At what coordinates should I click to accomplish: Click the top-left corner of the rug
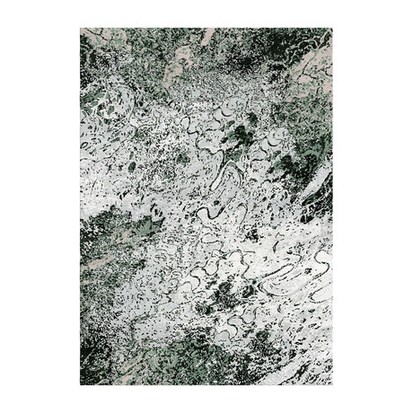[x=81, y=29]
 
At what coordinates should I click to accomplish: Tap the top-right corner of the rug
[x=331, y=29]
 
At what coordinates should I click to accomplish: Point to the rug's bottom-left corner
[x=81, y=384]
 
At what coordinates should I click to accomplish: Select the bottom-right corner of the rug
[x=331, y=384]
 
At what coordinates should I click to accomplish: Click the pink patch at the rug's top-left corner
[x=91, y=36]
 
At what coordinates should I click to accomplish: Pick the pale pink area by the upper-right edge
[x=314, y=63]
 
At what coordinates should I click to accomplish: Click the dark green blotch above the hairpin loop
[x=241, y=136]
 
